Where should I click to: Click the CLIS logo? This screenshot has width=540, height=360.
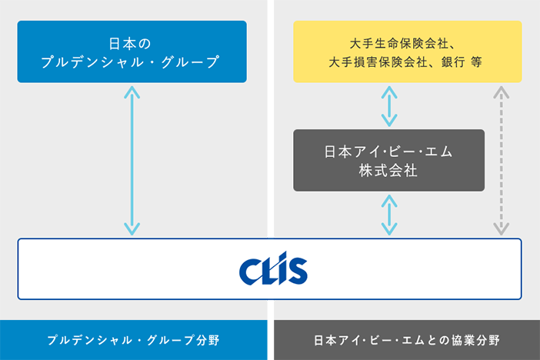[x=273, y=269]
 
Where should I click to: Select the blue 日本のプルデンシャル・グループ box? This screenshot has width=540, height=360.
[x=132, y=52]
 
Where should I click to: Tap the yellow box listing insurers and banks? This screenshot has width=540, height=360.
[x=408, y=52]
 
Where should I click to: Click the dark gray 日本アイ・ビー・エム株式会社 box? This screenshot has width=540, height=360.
[x=388, y=160]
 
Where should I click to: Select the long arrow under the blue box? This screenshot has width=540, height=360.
[x=132, y=160]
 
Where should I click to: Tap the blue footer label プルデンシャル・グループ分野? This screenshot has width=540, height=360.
[x=136, y=340]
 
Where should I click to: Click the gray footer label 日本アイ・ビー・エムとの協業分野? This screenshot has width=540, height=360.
[x=407, y=340]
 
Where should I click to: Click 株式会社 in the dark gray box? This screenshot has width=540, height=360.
[x=388, y=170]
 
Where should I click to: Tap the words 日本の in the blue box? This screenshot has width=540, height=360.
[x=132, y=42]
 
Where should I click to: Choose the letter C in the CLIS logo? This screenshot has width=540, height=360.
[x=250, y=270]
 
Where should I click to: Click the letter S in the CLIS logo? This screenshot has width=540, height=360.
[x=296, y=271]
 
